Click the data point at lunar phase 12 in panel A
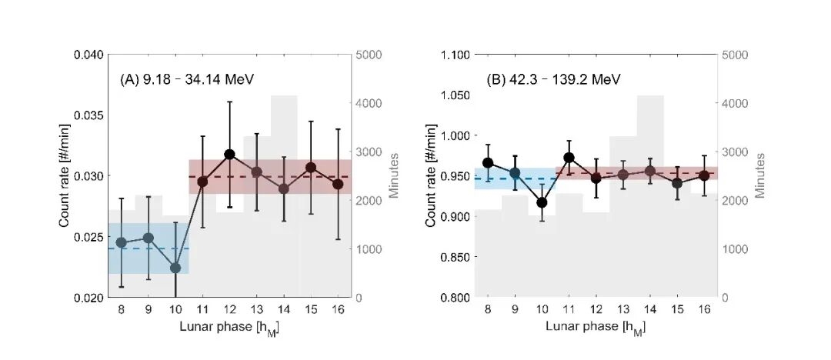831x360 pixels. click(230, 155)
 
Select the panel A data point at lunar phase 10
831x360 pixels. click(175, 268)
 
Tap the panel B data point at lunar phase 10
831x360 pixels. click(542, 203)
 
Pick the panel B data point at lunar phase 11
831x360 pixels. click(569, 158)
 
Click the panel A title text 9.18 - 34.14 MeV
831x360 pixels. click(187, 79)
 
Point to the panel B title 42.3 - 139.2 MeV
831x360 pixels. click(553, 79)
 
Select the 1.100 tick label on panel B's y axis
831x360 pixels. click(454, 55)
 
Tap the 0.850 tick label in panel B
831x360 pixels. click(454, 257)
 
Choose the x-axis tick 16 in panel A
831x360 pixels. click(338, 309)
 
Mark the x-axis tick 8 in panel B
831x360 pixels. click(488, 309)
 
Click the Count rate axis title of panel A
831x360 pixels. click(65, 176)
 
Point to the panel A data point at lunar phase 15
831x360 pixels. click(311, 168)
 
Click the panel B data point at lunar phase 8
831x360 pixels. click(488, 163)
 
